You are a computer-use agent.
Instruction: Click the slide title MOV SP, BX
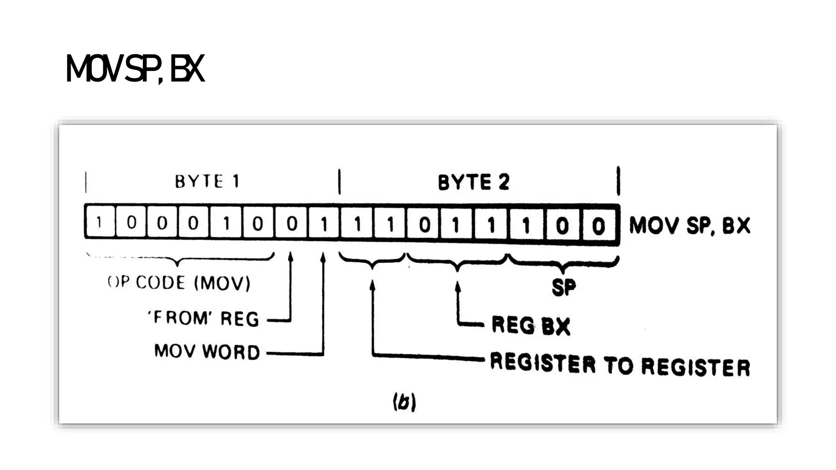[135, 69]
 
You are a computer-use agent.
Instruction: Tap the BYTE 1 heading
[207, 181]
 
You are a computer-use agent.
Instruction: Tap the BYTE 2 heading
[474, 182]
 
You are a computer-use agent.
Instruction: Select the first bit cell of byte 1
[99, 223]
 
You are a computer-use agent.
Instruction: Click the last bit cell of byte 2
[598, 225]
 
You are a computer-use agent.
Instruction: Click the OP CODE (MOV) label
[179, 282]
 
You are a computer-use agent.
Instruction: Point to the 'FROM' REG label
[203, 318]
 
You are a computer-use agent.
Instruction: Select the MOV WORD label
[207, 352]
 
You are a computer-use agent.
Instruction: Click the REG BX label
[530, 326]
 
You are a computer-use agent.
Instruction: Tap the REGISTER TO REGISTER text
[620, 364]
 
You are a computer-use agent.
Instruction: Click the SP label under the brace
[563, 287]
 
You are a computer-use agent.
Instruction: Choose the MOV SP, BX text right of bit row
[689, 225]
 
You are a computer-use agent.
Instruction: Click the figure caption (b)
[404, 402]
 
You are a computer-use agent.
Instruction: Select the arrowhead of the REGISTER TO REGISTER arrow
[372, 285]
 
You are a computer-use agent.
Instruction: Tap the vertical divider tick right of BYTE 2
[618, 181]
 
